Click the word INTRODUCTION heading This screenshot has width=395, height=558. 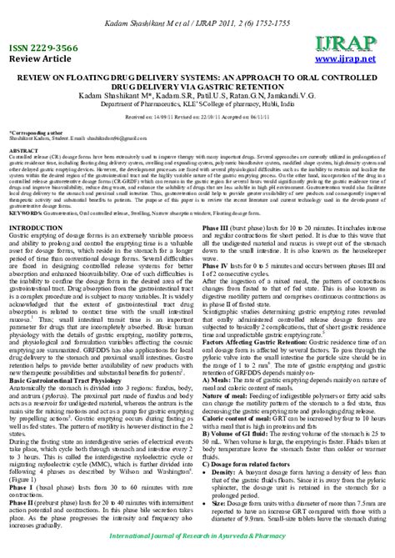coord(39,228)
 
